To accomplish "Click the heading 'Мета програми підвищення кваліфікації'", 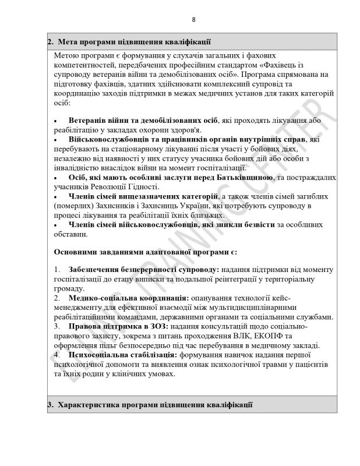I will pos(132,42).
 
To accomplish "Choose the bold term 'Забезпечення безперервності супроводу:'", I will pos(143,271).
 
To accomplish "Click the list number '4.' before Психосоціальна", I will pos(57,354).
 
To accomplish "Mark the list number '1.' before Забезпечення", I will pos(57,271).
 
